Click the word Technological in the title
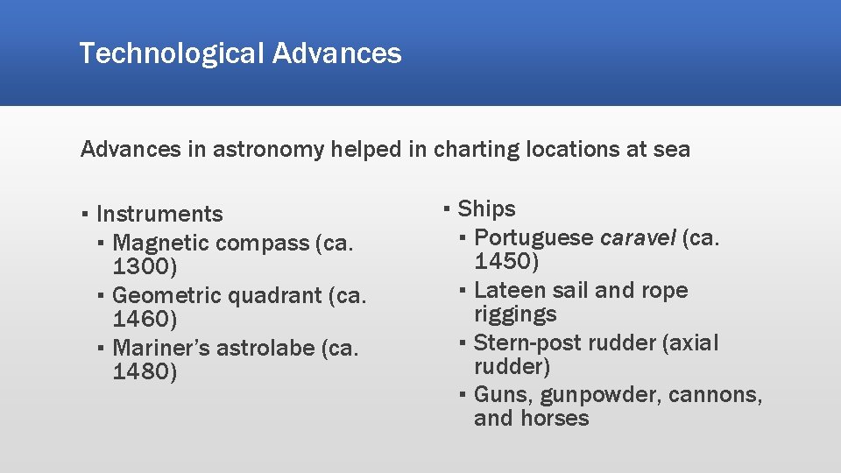tap(172, 54)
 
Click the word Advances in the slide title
tap(336, 53)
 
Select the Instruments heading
tap(159, 214)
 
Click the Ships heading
tap(486, 208)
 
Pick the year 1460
tap(145, 319)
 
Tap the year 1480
tap(145, 372)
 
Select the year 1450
tap(506, 261)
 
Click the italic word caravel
tap(637, 237)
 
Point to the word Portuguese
tap(534, 237)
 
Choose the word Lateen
tap(508, 290)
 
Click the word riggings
tap(515, 314)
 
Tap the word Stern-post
tap(527, 342)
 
